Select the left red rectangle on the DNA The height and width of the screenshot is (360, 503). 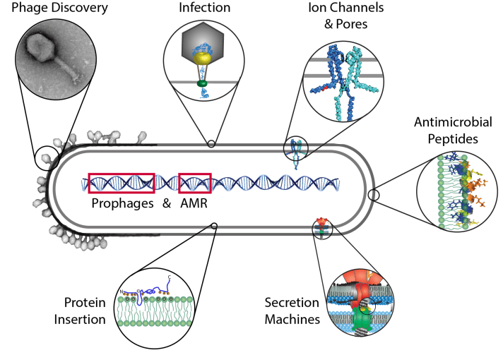coord(121,182)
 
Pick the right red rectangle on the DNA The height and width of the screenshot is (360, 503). coord(195,182)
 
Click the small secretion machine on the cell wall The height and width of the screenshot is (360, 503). coord(322,226)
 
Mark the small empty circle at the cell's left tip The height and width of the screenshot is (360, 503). coord(46,157)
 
